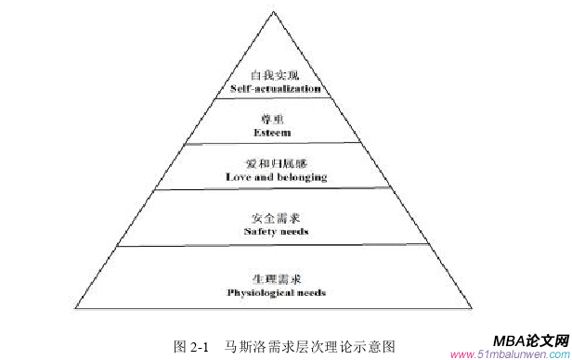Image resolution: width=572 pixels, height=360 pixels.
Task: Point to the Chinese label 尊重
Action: (277, 119)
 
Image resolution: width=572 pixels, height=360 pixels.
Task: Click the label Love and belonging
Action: (277, 175)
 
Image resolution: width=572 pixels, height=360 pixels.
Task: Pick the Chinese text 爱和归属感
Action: (277, 161)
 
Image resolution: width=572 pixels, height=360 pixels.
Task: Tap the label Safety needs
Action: (277, 231)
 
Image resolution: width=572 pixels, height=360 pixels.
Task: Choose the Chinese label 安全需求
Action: (277, 218)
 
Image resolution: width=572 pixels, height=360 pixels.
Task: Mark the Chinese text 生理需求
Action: (277, 278)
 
